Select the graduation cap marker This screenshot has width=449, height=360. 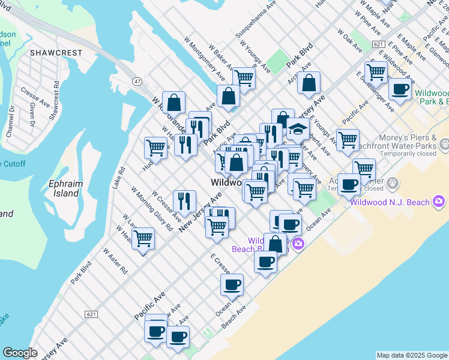(298, 130)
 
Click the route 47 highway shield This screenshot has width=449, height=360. (137, 80)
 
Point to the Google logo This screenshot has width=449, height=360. (20, 353)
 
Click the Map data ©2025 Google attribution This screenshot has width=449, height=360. (412, 355)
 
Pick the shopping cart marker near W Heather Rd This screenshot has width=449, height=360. (143, 238)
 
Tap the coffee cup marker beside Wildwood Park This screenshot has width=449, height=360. (400, 89)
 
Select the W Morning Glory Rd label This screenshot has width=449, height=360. (152, 211)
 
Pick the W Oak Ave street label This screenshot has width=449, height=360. (349, 40)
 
